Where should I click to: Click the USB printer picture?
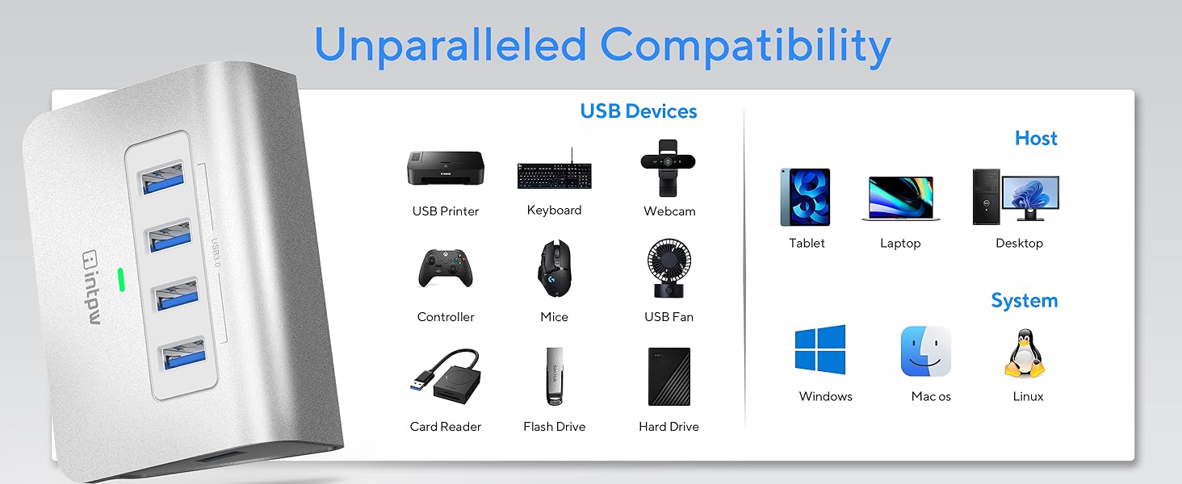tap(445, 169)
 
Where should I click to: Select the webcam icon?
tap(669, 167)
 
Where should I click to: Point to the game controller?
tap(445, 268)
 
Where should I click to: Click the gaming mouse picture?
tap(554, 269)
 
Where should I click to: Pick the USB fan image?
tap(669, 269)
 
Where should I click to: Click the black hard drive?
tap(669, 376)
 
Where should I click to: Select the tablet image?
tap(805, 197)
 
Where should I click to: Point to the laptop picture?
tap(900, 198)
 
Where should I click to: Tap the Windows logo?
tap(820, 349)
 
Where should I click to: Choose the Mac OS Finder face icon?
tap(926, 351)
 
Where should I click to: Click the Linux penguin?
tap(1025, 353)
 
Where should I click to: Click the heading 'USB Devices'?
tap(638, 111)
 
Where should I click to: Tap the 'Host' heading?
tap(1036, 139)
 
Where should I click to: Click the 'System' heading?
tap(1024, 301)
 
